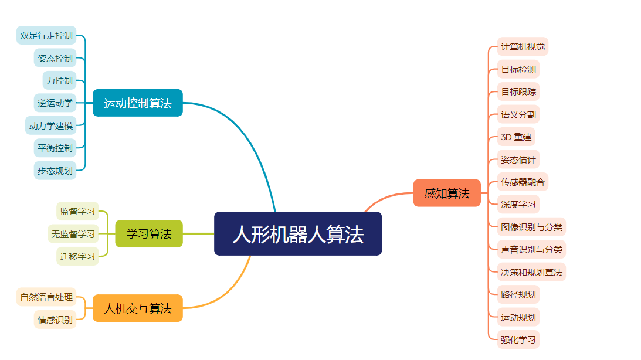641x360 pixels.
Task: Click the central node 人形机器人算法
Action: coord(298,234)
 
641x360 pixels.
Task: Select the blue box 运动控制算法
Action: coord(138,103)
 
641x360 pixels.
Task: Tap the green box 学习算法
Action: coord(149,234)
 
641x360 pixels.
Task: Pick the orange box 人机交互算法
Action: coord(138,308)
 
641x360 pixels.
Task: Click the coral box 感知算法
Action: coord(447,193)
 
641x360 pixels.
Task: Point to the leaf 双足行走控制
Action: coord(46,35)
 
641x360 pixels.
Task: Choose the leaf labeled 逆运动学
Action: coord(55,103)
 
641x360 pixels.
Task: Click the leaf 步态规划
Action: coord(55,171)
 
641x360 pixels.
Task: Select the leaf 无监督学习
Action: coord(73,234)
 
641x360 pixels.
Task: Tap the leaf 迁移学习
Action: coord(77,256)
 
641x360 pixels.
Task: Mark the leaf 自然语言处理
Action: coord(46,297)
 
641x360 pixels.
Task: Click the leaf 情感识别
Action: coord(55,320)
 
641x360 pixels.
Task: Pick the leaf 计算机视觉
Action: coord(523,46)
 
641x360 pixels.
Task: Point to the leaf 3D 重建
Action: coord(516,137)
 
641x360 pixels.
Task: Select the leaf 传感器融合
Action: coord(523,182)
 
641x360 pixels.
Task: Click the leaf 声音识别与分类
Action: coord(531,249)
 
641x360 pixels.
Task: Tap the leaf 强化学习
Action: coord(518,339)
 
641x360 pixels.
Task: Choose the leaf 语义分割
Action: coord(518,114)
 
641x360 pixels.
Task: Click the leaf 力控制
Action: coord(60,80)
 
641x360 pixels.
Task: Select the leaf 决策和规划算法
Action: coord(531,272)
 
